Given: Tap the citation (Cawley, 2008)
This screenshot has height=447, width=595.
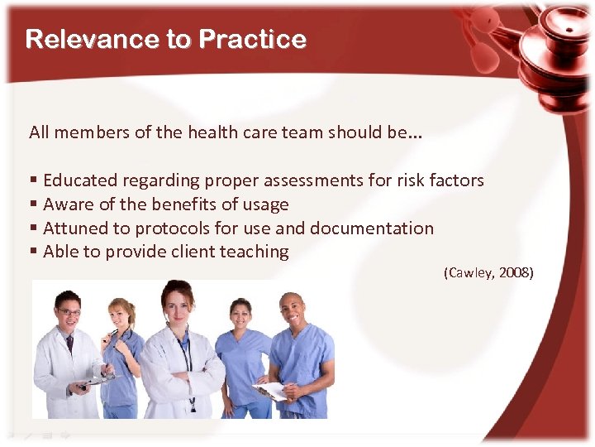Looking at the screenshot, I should click(x=488, y=272).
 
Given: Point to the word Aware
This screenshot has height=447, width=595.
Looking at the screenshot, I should click(x=66, y=204).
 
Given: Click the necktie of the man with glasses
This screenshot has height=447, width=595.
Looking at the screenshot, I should click(x=70, y=342).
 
